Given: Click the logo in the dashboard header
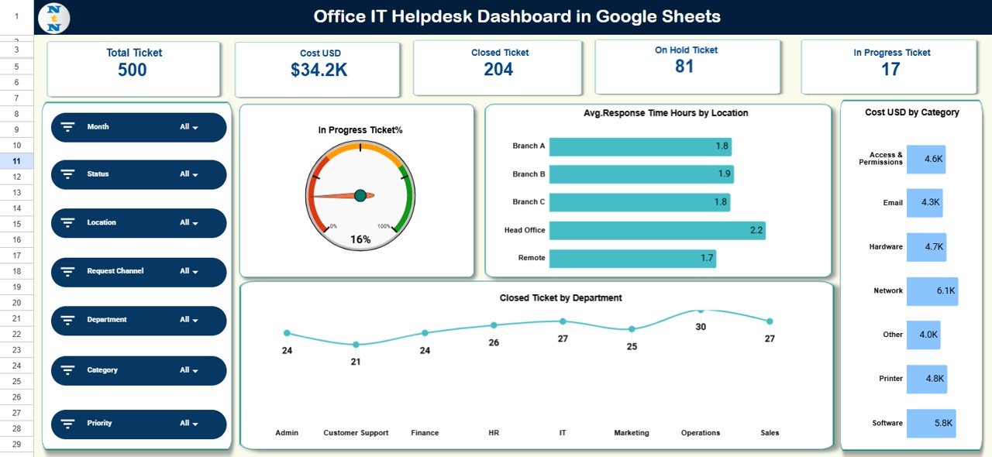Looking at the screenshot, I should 53,18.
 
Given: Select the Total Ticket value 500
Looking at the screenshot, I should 133,70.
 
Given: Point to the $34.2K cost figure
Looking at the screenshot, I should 319,70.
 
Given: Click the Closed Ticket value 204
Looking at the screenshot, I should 498,70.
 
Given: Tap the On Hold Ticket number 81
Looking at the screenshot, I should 684,67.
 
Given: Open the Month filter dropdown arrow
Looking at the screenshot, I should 195,128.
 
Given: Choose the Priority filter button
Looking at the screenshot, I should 139,424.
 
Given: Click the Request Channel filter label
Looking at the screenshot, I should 115,271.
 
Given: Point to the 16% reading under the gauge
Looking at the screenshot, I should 360,239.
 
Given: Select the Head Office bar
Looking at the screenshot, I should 657,230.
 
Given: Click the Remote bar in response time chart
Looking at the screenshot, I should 632,258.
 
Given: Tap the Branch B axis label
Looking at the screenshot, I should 529,174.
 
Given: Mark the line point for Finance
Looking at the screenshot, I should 425,333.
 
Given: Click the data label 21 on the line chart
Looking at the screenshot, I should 356,362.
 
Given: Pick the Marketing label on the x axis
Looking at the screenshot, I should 632,433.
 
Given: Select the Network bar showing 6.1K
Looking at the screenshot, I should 932,291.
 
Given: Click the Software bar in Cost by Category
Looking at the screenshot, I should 931,424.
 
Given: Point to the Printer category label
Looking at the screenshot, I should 891,379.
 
